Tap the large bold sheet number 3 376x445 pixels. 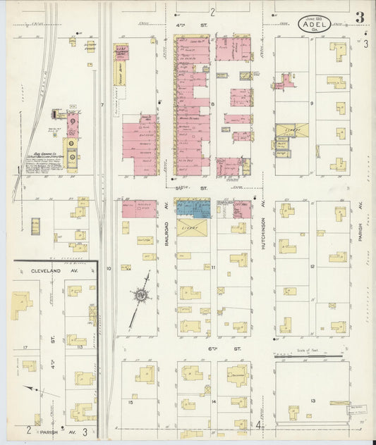[x=360, y=17]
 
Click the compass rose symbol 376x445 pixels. [x=142, y=295]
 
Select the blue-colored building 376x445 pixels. [x=193, y=208]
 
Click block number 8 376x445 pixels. [x=212, y=104]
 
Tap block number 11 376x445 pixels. [x=212, y=268]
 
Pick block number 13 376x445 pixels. [x=312, y=400]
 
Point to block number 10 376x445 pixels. [x=109, y=268]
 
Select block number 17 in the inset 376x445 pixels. [x=24, y=347]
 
